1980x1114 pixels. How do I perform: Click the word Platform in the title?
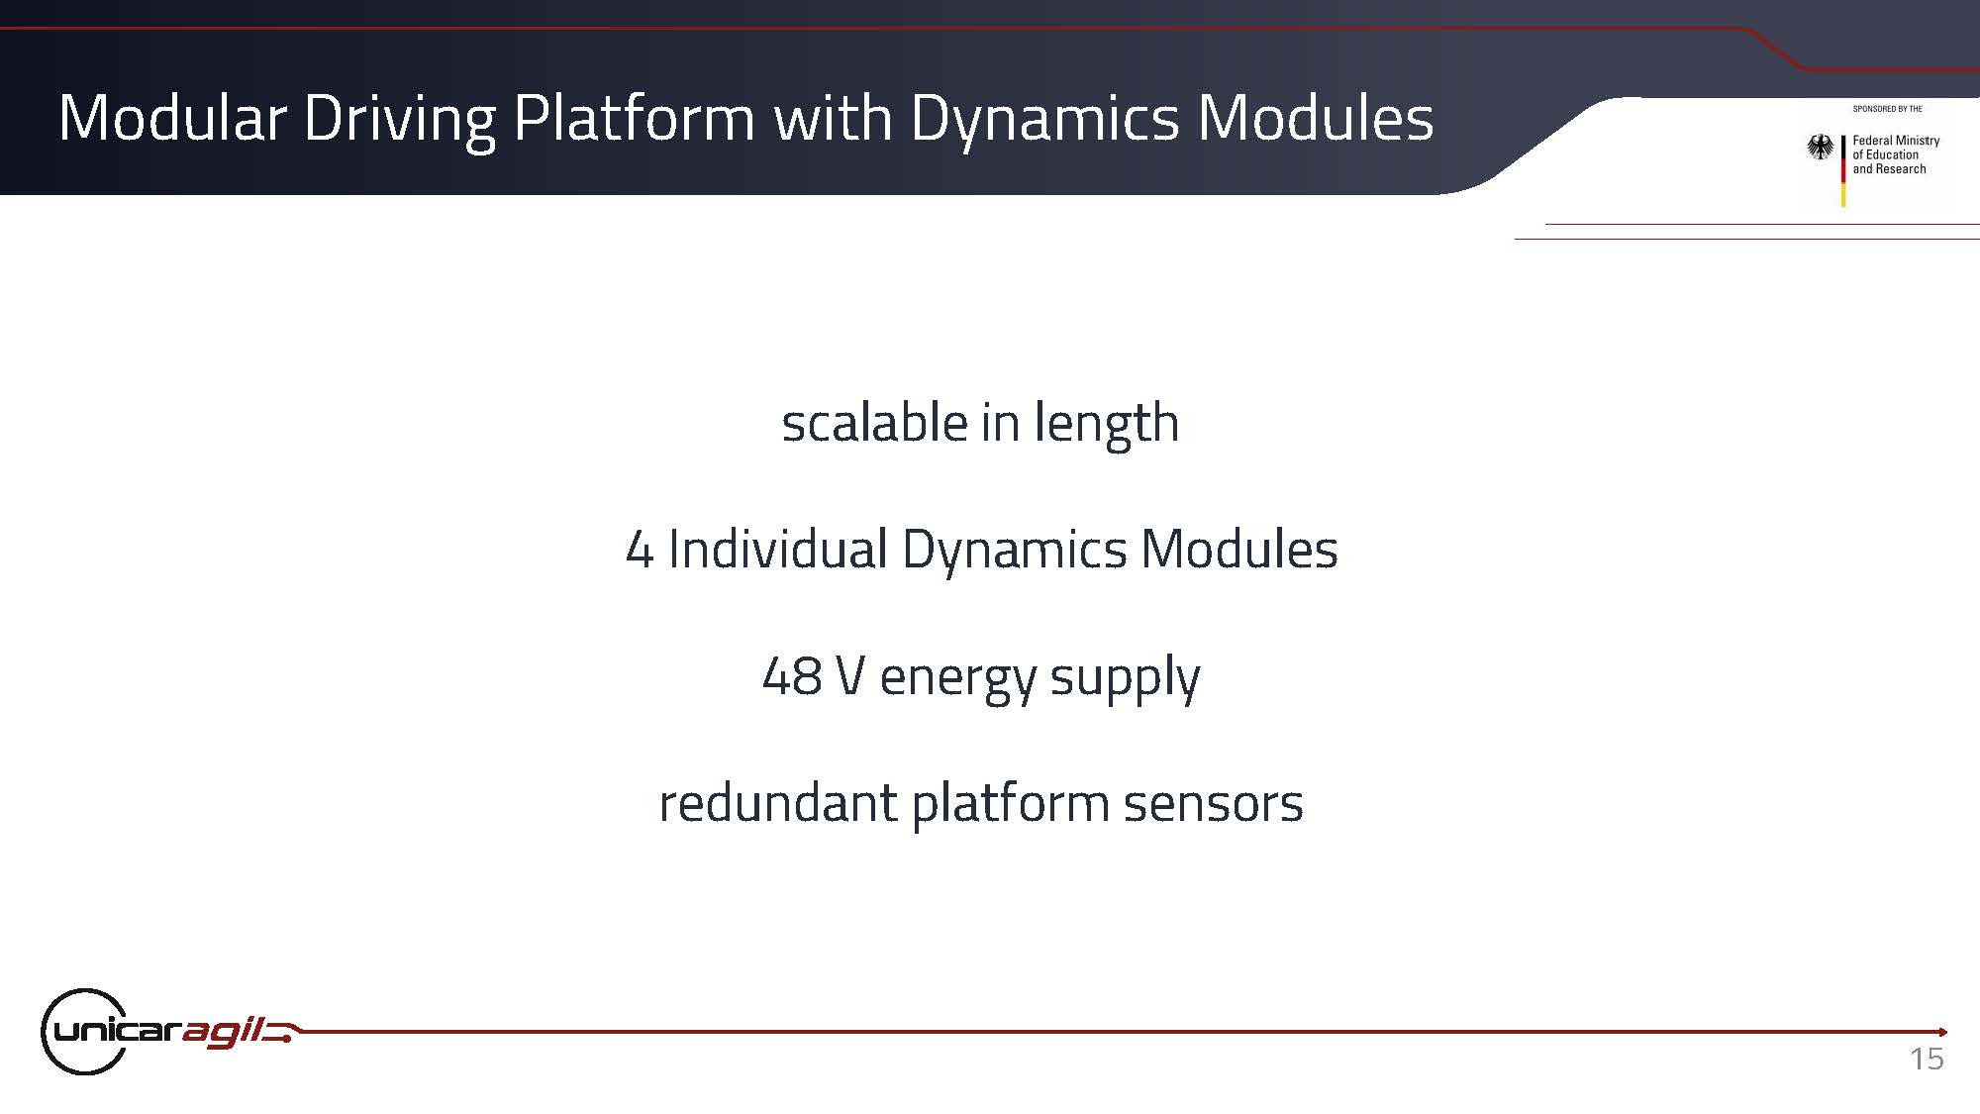tap(635, 118)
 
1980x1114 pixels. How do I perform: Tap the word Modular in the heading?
tap(172, 118)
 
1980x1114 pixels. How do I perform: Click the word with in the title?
tap(833, 118)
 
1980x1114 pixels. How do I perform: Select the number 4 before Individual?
tap(640, 550)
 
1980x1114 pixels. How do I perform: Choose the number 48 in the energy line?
tap(792, 677)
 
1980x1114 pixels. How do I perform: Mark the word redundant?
tap(777, 802)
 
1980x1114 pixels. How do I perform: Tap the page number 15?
tap(1927, 1059)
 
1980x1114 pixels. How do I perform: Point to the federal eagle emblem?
tap(1820, 148)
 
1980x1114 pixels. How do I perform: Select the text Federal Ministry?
tap(1896, 141)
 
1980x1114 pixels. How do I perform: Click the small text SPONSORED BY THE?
tap(1887, 109)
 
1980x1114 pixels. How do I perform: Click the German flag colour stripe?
tap(1843, 170)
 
